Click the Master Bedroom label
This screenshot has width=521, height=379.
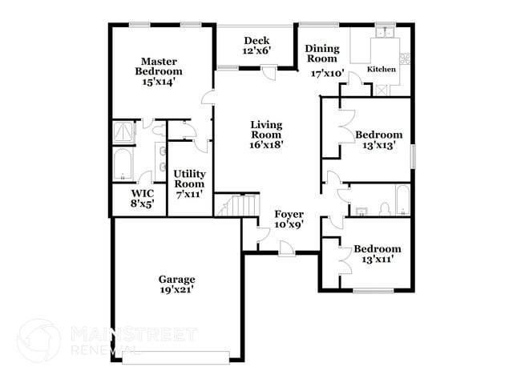(x=159, y=66)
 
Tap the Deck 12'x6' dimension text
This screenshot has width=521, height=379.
(x=256, y=50)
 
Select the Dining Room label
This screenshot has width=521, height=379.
(x=322, y=54)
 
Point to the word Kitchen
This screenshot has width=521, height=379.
(x=381, y=69)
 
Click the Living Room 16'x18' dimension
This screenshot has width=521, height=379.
(x=266, y=145)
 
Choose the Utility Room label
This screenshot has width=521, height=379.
(x=189, y=179)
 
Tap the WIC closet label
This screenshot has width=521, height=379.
(x=143, y=193)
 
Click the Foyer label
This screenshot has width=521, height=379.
(x=289, y=214)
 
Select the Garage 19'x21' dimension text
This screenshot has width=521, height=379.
(x=177, y=289)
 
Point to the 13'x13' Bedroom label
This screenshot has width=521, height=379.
(x=379, y=135)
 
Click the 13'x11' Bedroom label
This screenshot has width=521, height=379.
(x=378, y=248)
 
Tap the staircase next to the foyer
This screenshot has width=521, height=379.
(x=236, y=205)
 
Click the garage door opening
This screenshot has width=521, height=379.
(x=176, y=357)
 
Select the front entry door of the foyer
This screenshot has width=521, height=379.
(x=286, y=249)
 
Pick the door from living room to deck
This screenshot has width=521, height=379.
(x=269, y=72)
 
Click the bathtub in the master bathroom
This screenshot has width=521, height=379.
(x=123, y=164)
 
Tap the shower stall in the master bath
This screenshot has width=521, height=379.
(x=123, y=132)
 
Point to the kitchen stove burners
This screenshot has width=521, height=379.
(x=405, y=58)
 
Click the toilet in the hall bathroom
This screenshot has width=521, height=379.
(x=385, y=209)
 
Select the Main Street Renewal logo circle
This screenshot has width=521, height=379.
(x=39, y=341)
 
